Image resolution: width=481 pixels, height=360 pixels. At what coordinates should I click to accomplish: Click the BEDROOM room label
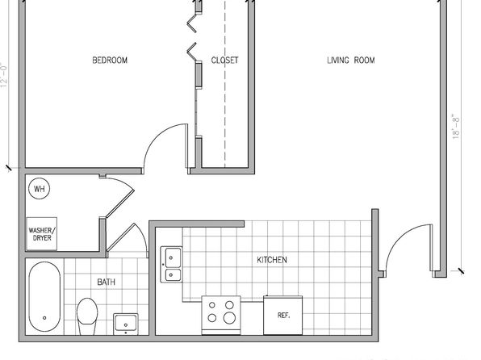point(110,60)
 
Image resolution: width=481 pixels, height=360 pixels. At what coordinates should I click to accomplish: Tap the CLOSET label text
point(224,60)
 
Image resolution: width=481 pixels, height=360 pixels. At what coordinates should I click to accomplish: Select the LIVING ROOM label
point(350,60)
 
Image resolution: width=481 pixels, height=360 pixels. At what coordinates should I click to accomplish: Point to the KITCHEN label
point(272,260)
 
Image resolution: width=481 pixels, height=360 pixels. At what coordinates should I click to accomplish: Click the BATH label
point(107,282)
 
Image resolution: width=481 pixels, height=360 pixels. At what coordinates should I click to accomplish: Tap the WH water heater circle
point(39,188)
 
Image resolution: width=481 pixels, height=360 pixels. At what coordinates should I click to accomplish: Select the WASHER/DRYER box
point(42,234)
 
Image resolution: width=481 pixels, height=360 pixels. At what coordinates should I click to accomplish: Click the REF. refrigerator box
point(282,315)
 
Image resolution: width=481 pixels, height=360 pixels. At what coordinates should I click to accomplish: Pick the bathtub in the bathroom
point(44,296)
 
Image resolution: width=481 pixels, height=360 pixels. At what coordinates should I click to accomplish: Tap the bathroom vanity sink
point(125,324)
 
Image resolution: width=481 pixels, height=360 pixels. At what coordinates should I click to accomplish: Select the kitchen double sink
point(171,264)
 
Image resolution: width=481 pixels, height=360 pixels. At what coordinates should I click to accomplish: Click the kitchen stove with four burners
point(221,315)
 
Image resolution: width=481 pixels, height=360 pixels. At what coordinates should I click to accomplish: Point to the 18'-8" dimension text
point(456,127)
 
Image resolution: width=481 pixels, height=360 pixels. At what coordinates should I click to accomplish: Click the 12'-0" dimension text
point(4,75)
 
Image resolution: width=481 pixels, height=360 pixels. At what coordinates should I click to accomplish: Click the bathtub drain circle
point(44,318)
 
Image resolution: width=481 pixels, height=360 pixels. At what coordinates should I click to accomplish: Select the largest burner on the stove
point(229,318)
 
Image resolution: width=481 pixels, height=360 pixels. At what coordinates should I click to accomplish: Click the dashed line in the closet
point(225,84)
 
